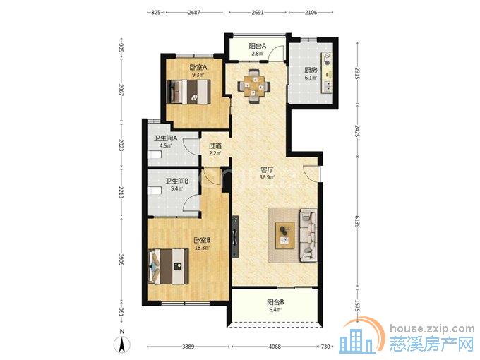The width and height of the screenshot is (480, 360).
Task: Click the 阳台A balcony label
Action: (x=257, y=46)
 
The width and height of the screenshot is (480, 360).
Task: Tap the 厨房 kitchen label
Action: (x=311, y=70)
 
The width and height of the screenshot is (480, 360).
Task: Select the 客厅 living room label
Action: (x=267, y=169)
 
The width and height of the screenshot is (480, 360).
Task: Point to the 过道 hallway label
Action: (x=215, y=146)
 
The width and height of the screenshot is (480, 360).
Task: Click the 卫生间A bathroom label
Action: (x=165, y=138)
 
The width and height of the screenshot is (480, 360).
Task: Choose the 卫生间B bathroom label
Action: (x=177, y=181)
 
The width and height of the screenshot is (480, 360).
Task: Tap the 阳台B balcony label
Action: (x=275, y=302)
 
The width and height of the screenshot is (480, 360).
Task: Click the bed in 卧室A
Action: (x=189, y=92)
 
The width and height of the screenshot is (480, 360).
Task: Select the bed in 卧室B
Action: (x=168, y=266)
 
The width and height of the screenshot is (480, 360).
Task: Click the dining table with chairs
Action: (x=254, y=87)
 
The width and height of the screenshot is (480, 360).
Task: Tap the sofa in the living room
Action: (x=308, y=235)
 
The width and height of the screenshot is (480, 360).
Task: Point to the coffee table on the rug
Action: (x=285, y=235)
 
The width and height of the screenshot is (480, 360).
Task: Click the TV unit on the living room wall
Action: (x=235, y=237)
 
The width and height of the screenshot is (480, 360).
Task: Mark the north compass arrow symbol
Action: (x=122, y=344)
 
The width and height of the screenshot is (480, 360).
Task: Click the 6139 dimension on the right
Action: (x=357, y=222)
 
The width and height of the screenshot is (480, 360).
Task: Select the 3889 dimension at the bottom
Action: (x=188, y=347)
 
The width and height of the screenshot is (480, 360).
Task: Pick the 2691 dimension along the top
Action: (x=258, y=13)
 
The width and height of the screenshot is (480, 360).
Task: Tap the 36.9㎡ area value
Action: (x=267, y=177)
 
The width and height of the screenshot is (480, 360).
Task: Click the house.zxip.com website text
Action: (x=432, y=329)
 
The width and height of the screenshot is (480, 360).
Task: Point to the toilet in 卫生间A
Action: (x=155, y=155)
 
